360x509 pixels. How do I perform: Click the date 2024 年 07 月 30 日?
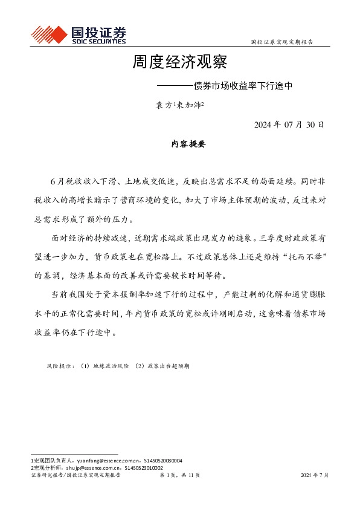(289, 125)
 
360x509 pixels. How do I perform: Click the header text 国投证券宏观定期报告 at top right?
(281, 42)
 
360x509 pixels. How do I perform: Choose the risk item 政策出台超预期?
(167, 366)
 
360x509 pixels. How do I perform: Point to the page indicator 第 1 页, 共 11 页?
(179, 476)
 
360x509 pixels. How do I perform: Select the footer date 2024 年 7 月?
(315, 476)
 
